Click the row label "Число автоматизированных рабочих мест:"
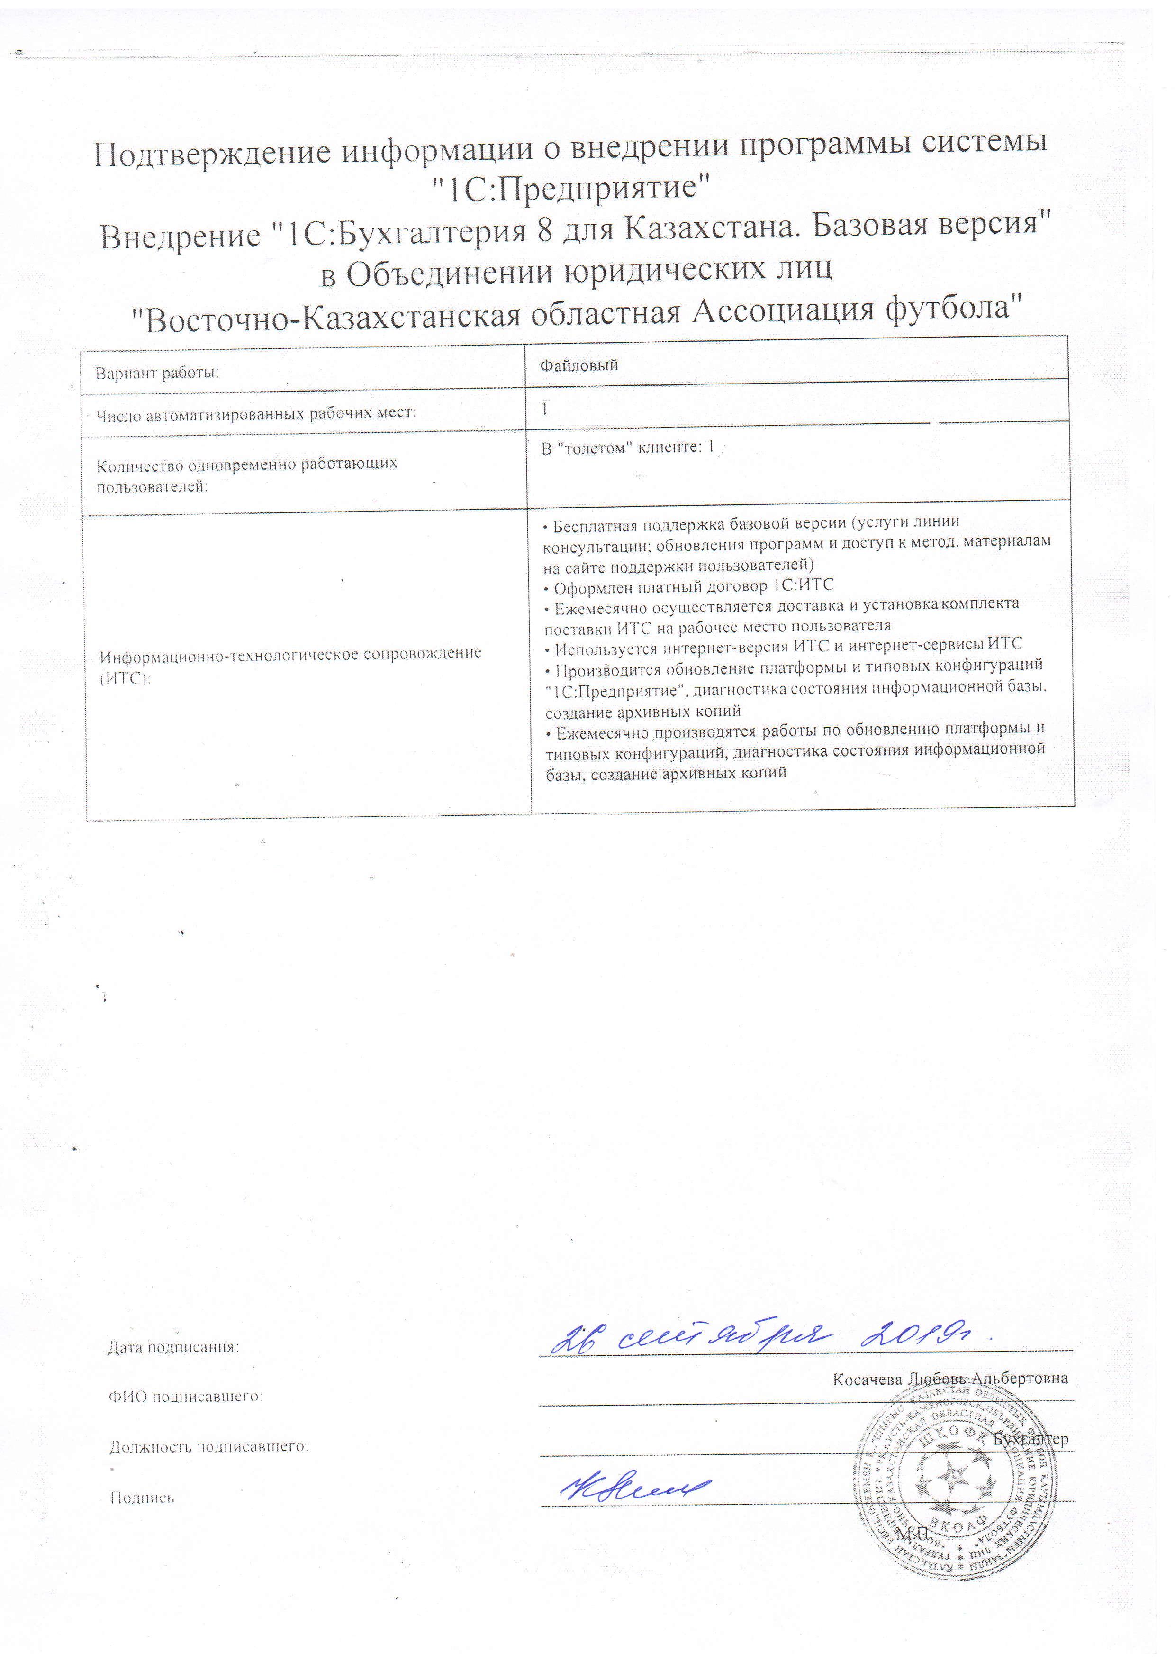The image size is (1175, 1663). click(256, 415)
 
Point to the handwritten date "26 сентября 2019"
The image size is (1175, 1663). click(760, 1337)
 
